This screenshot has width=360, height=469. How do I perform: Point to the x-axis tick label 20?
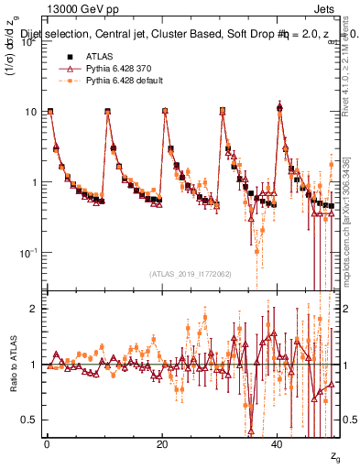click(x=162, y=444)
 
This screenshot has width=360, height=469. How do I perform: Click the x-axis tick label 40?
click(x=278, y=444)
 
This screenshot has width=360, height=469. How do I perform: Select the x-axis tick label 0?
click(x=47, y=444)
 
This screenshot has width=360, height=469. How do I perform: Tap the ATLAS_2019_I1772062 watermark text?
click(x=191, y=274)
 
